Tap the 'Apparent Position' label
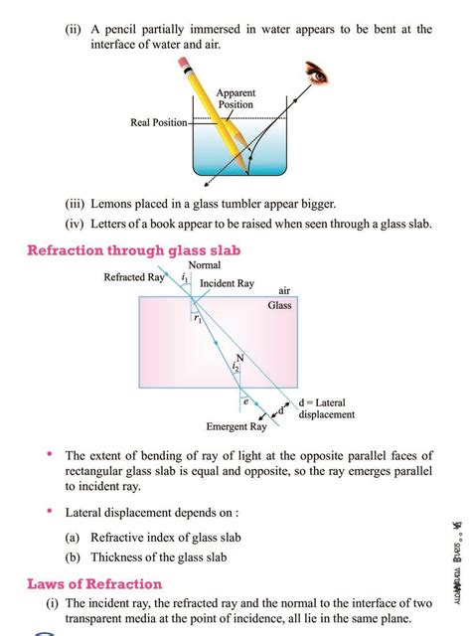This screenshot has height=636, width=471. click(235, 98)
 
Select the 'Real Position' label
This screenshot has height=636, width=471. click(159, 123)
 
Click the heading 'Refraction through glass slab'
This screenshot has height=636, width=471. click(133, 250)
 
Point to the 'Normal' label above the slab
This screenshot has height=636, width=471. click(205, 266)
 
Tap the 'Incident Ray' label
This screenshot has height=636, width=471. click(227, 284)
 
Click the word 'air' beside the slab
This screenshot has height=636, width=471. click(284, 291)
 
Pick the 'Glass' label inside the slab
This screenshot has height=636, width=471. click(280, 306)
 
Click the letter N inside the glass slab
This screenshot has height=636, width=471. click(239, 359)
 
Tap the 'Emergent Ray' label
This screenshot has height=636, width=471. click(236, 427)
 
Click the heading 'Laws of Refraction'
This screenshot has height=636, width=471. click(94, 583)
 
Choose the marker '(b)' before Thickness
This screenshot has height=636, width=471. click(74, 556)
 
